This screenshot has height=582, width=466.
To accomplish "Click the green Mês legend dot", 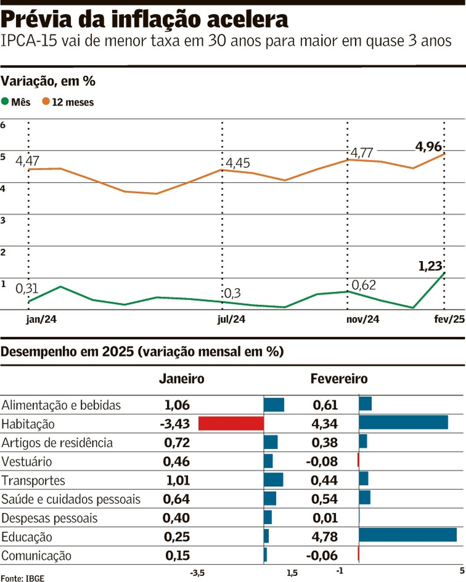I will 6,102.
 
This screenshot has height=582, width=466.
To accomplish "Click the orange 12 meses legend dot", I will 46,102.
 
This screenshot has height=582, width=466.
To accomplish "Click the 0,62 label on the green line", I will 363,284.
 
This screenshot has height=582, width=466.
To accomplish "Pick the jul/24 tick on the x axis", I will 231,320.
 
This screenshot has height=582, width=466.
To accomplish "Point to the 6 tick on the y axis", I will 3,125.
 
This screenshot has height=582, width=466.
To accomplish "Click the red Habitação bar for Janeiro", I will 231,423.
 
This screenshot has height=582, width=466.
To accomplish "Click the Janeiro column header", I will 181,379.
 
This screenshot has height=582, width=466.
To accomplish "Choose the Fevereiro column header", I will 339,379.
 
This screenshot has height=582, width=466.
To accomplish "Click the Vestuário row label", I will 27,461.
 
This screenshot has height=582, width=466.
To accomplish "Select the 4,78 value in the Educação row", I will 325,537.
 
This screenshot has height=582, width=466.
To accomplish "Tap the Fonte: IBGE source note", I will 19,577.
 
